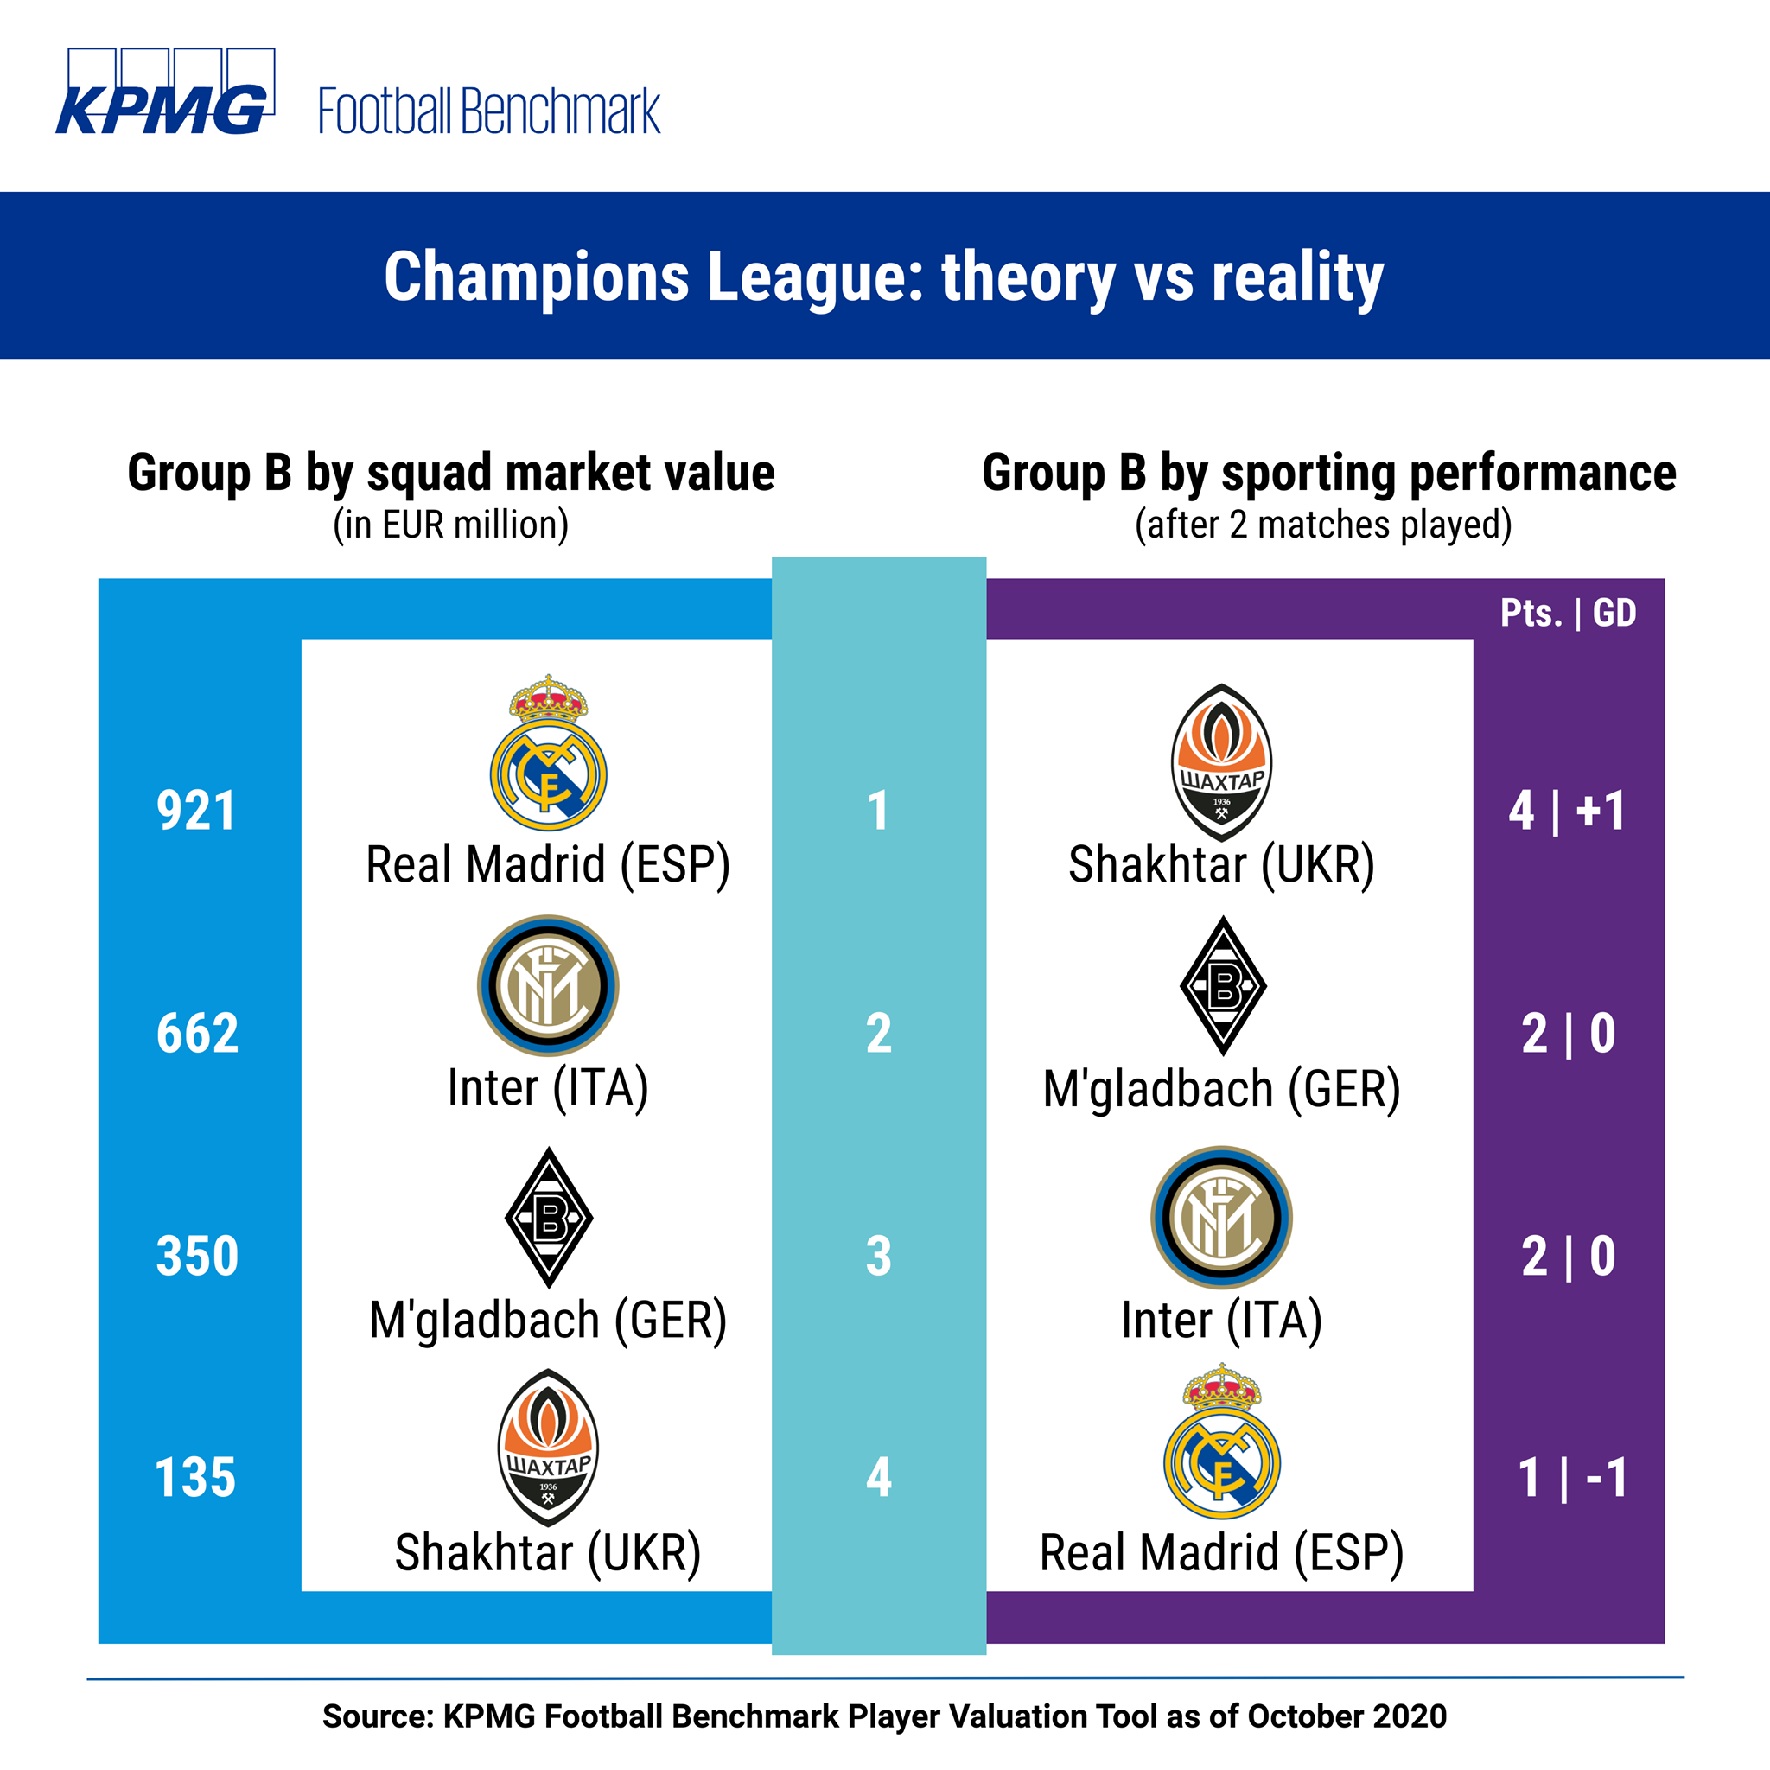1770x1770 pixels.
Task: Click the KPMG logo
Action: click(165, 92)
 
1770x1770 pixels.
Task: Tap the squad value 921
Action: click(196, 811)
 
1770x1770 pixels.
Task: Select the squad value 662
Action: click(198, 1034)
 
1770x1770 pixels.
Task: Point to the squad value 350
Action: click(198, 1256)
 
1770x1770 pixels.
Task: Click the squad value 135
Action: click(196, 1478)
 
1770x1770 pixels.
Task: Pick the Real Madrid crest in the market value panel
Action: click(548, 752)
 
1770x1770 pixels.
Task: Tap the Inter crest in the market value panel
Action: click(548, 985)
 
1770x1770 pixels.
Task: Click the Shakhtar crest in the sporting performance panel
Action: click(1221, 762)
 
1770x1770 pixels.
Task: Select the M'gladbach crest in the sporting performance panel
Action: click(1223, 986)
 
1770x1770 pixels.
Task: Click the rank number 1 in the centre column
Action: click(879, 811)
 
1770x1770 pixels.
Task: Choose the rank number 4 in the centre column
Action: click(879, 1478)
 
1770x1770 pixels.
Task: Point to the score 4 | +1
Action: click(1568, 811)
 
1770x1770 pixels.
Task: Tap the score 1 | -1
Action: click(1572, 1478)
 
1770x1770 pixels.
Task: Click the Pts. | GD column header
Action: click(1569, 613)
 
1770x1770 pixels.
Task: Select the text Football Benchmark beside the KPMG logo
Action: click(489, 111)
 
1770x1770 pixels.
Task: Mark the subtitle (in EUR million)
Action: click(451, 525)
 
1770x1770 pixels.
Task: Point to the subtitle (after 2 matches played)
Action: click(1324, 525)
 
